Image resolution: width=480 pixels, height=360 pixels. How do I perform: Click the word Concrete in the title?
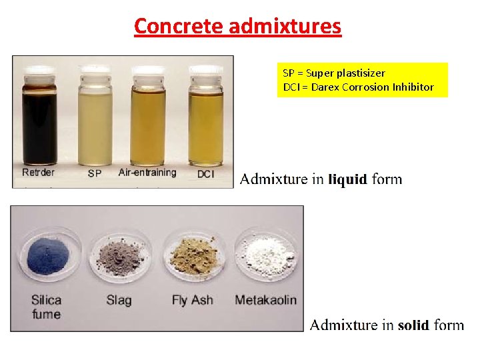coord(178,27)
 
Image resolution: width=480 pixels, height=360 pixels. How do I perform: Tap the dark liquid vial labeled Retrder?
coord(39,120)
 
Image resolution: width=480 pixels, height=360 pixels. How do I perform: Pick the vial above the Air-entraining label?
coord(149,120)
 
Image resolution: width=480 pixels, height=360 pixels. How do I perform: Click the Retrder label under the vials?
coord(39,173)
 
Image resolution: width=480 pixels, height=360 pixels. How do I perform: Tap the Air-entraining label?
coord(147,173)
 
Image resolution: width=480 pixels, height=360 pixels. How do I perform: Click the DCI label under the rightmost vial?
coord(206,173)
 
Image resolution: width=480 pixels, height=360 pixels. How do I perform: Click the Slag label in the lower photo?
coord(119,301)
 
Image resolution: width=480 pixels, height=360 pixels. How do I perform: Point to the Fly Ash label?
coord(192,300)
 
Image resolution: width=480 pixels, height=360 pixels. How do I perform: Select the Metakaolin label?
coord(265,300)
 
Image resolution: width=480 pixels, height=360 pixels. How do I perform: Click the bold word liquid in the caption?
coord(347,179)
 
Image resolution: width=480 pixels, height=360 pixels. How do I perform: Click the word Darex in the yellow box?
coord(319,87)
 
